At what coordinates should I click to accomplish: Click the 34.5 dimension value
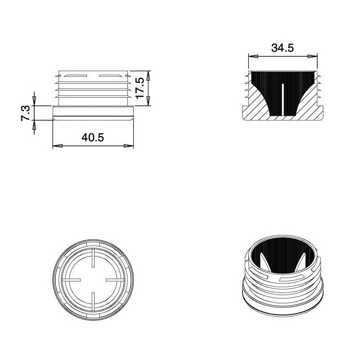click(x=283, y=48)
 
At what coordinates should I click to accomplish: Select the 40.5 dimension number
click(x=93, y=138)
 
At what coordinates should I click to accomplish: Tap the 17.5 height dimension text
click(x=140, y=88)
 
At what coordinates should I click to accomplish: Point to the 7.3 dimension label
click(x=26, y=112)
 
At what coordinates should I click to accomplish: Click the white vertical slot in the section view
click(x=283, y=99)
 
